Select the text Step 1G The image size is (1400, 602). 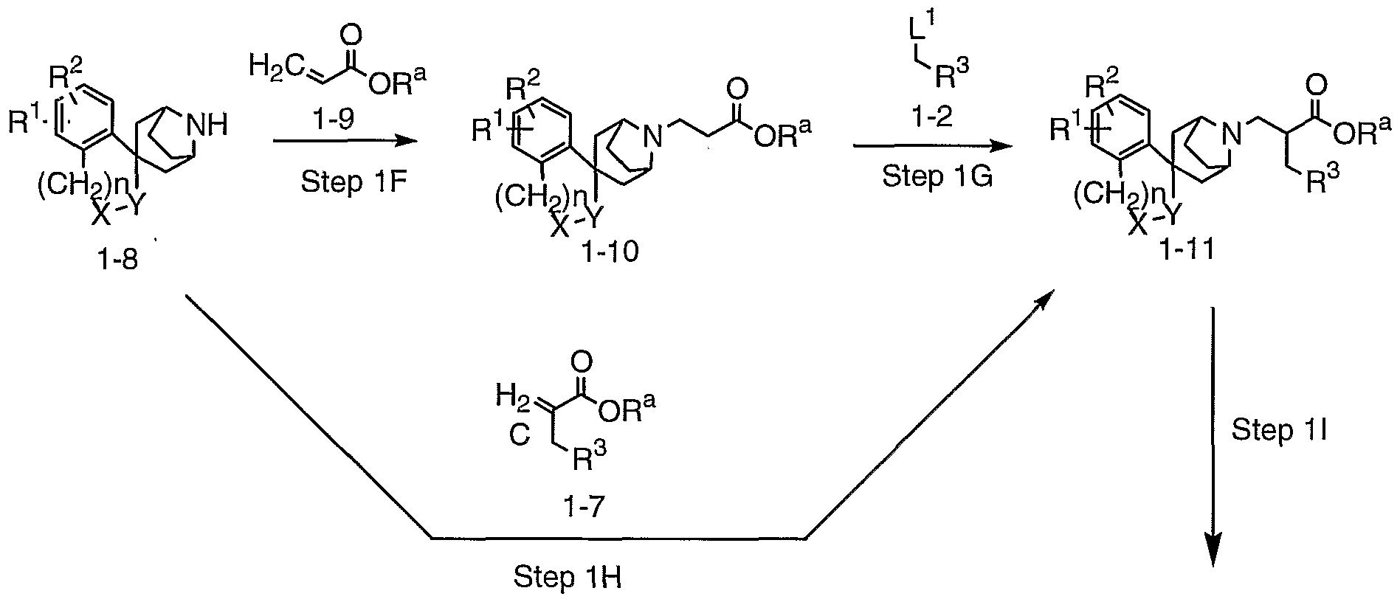(936, 177)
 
